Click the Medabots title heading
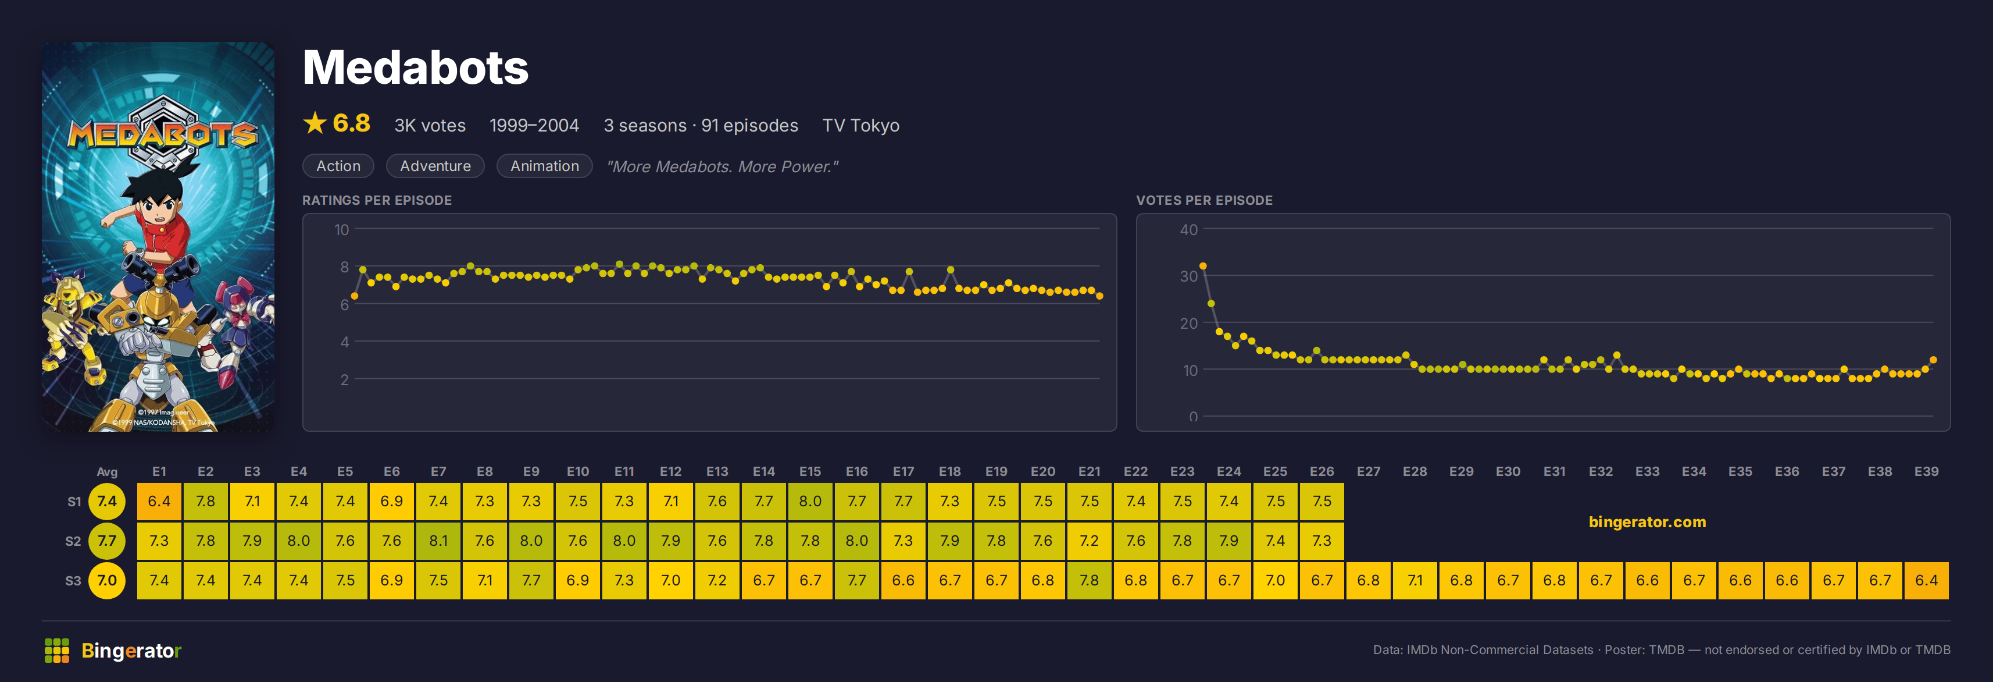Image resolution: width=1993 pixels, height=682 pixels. point(416,68)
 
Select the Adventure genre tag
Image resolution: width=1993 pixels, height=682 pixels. point(435,166)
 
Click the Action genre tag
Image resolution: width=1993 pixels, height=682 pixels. point(338,166)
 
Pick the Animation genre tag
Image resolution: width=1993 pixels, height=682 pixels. point(545,166)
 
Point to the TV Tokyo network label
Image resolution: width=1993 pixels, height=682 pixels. point(860,126)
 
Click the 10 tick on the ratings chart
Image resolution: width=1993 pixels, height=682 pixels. point(341,229)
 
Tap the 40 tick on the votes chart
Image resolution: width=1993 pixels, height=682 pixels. point(1188,229)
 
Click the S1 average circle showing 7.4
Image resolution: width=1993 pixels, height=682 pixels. point(107,501)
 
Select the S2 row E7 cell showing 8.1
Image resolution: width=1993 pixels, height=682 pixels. point(439,541)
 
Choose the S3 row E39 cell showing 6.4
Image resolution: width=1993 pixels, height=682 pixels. point(1927,580)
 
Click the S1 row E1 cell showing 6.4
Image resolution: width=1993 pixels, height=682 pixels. point(159,501)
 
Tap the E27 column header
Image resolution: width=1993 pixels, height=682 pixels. point(1368,471)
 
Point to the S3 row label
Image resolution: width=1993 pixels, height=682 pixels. point(73,581)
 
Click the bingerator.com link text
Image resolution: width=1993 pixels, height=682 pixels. point(1647,522)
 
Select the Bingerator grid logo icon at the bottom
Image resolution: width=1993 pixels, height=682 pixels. point(57,650)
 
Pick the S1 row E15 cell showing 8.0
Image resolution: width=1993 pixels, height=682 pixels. point(810,501)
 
